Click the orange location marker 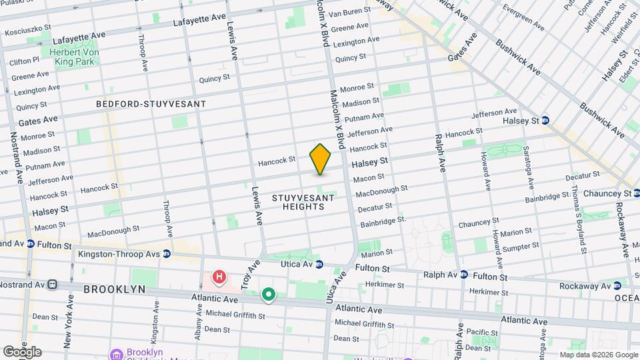click(320, 159)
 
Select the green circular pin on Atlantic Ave click(269, 294)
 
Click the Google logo click(21, 352)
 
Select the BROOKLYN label click(114, 289)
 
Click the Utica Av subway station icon click(319, 264)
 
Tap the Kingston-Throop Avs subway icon click(167, 254)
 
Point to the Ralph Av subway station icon click(464, 275)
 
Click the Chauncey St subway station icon click(637, 193)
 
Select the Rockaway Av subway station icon click(618, 285)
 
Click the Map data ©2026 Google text click(598, 355)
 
